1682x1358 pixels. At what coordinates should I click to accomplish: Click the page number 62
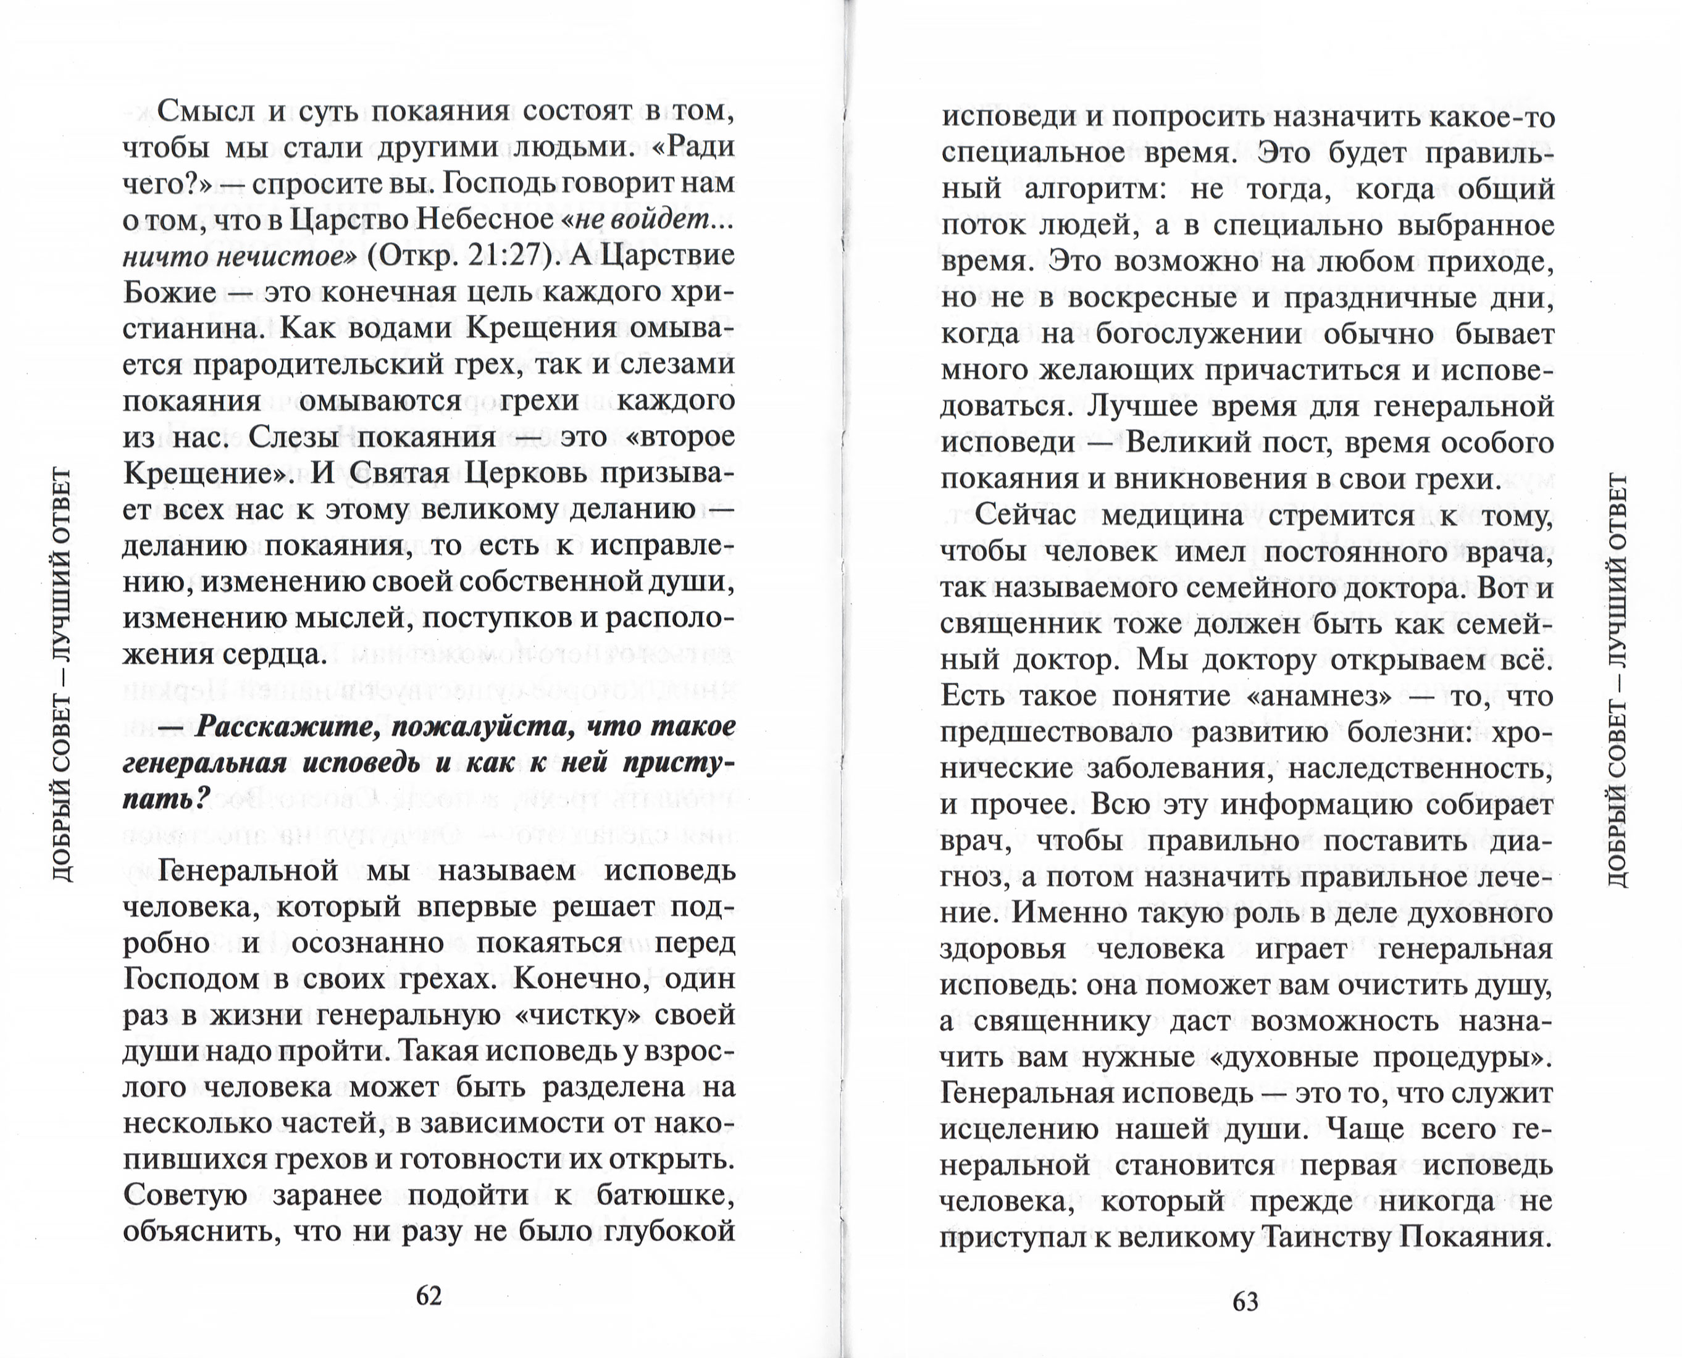[x=429, y=1296]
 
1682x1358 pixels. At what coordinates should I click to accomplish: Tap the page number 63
[x=1245, y=1302]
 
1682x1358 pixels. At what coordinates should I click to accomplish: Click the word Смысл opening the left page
[x=205, y=111]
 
